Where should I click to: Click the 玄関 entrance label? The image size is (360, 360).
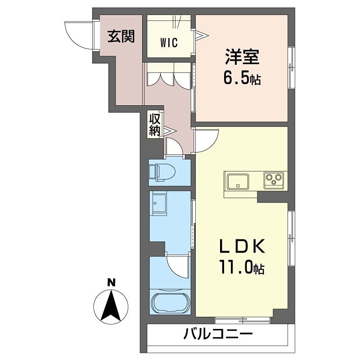pos(121,36)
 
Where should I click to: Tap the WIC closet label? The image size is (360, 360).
pos(169,43)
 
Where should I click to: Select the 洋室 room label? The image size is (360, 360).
pos(242,58)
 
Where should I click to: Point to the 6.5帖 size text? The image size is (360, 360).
pos(242,79)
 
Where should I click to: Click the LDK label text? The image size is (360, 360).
pos(241,248)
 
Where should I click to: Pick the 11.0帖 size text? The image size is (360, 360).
pos(242,269)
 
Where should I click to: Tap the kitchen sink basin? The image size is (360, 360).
pos(237,182)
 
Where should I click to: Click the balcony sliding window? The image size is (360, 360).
pos(243,320)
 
